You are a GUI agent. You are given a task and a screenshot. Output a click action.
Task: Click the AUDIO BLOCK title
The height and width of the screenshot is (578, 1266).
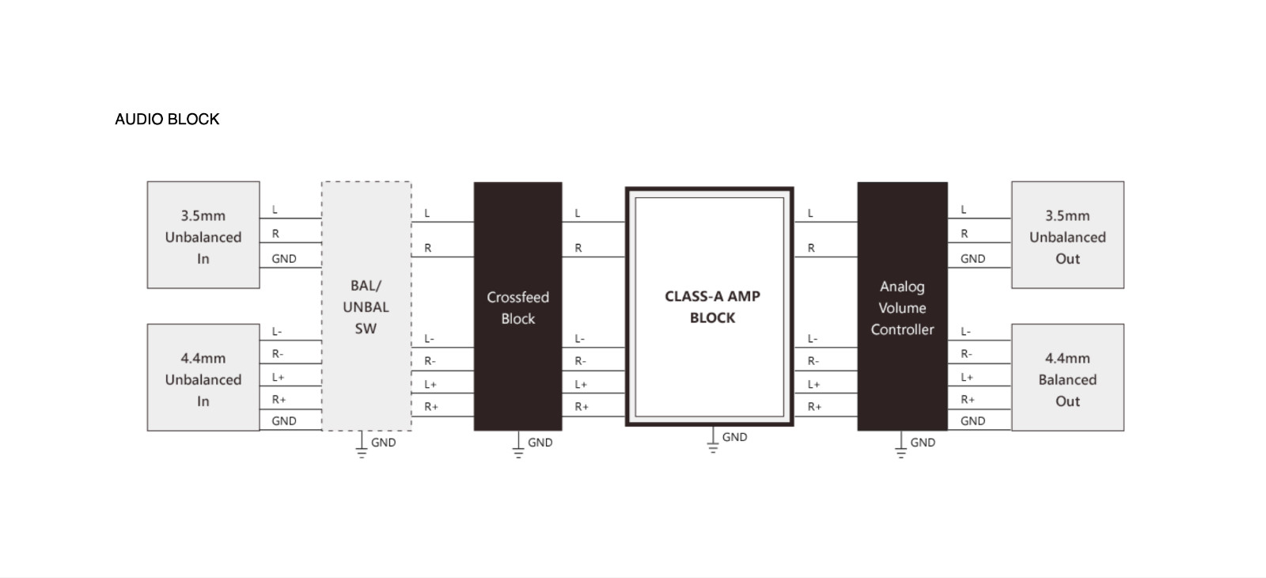[167, 119]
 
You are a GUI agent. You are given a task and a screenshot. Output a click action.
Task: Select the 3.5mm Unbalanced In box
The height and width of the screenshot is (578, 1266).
[203, 234]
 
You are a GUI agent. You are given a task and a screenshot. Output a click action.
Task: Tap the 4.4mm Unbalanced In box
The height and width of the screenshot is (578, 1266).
[203, 377]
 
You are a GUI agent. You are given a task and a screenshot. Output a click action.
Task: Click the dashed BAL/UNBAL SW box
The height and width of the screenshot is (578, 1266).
[366, 306]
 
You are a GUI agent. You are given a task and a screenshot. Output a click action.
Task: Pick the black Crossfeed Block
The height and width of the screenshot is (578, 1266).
[517, 306]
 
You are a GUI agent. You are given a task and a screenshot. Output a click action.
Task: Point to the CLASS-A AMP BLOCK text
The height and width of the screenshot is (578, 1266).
[712, 306]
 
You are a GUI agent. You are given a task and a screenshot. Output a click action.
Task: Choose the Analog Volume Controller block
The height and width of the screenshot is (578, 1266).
[902, 306]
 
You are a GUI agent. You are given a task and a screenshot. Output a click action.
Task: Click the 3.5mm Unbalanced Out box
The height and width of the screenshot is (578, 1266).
[1067, 234]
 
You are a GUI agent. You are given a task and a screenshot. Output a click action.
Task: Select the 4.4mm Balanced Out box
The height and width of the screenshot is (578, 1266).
[1067, 377]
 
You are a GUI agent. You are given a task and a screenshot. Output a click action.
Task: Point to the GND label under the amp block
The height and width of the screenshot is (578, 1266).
[735, 437]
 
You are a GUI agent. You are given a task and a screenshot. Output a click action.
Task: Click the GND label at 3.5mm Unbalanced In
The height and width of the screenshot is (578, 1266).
[284, 258]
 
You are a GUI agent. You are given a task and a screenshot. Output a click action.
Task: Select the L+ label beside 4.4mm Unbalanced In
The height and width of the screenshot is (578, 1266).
[278, 377]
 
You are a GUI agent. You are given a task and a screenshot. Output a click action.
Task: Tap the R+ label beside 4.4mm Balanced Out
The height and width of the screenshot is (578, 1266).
[968, 399]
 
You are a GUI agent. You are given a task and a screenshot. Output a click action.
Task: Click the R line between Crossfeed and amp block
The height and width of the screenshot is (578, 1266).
[593, 257]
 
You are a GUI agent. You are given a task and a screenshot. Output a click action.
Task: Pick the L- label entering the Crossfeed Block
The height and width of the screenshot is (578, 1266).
[430, 339]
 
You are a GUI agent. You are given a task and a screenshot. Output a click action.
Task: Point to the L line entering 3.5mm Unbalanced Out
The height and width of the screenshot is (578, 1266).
[980, 218]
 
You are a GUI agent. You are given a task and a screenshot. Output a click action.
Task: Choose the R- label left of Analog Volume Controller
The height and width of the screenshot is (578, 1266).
[813, 361]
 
